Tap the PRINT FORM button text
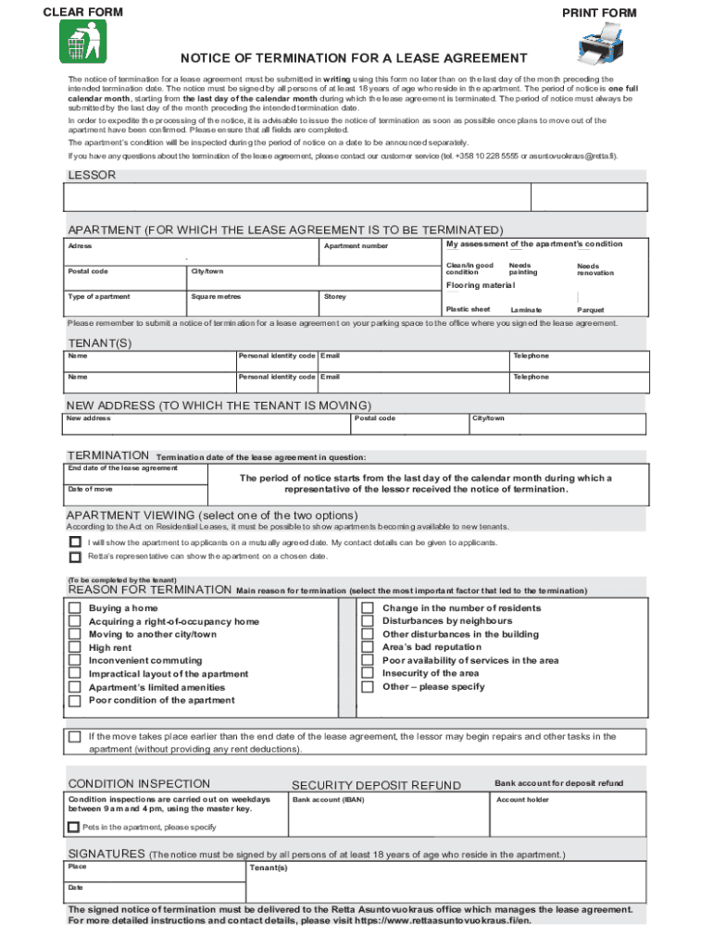tap(599, 13)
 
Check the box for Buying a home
tap(74, 608)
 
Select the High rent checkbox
tap(74, 648)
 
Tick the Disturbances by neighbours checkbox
tap(367, 621)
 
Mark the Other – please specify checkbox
tap(367, 687)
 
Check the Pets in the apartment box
tap(73, 827)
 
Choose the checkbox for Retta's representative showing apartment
tap(74, 557)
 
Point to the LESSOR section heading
tap(92, 175)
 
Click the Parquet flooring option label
tap(590, 310)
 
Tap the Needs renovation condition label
tap(595, 269)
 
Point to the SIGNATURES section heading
tap(106, 854)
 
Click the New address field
tap(208, 425)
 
